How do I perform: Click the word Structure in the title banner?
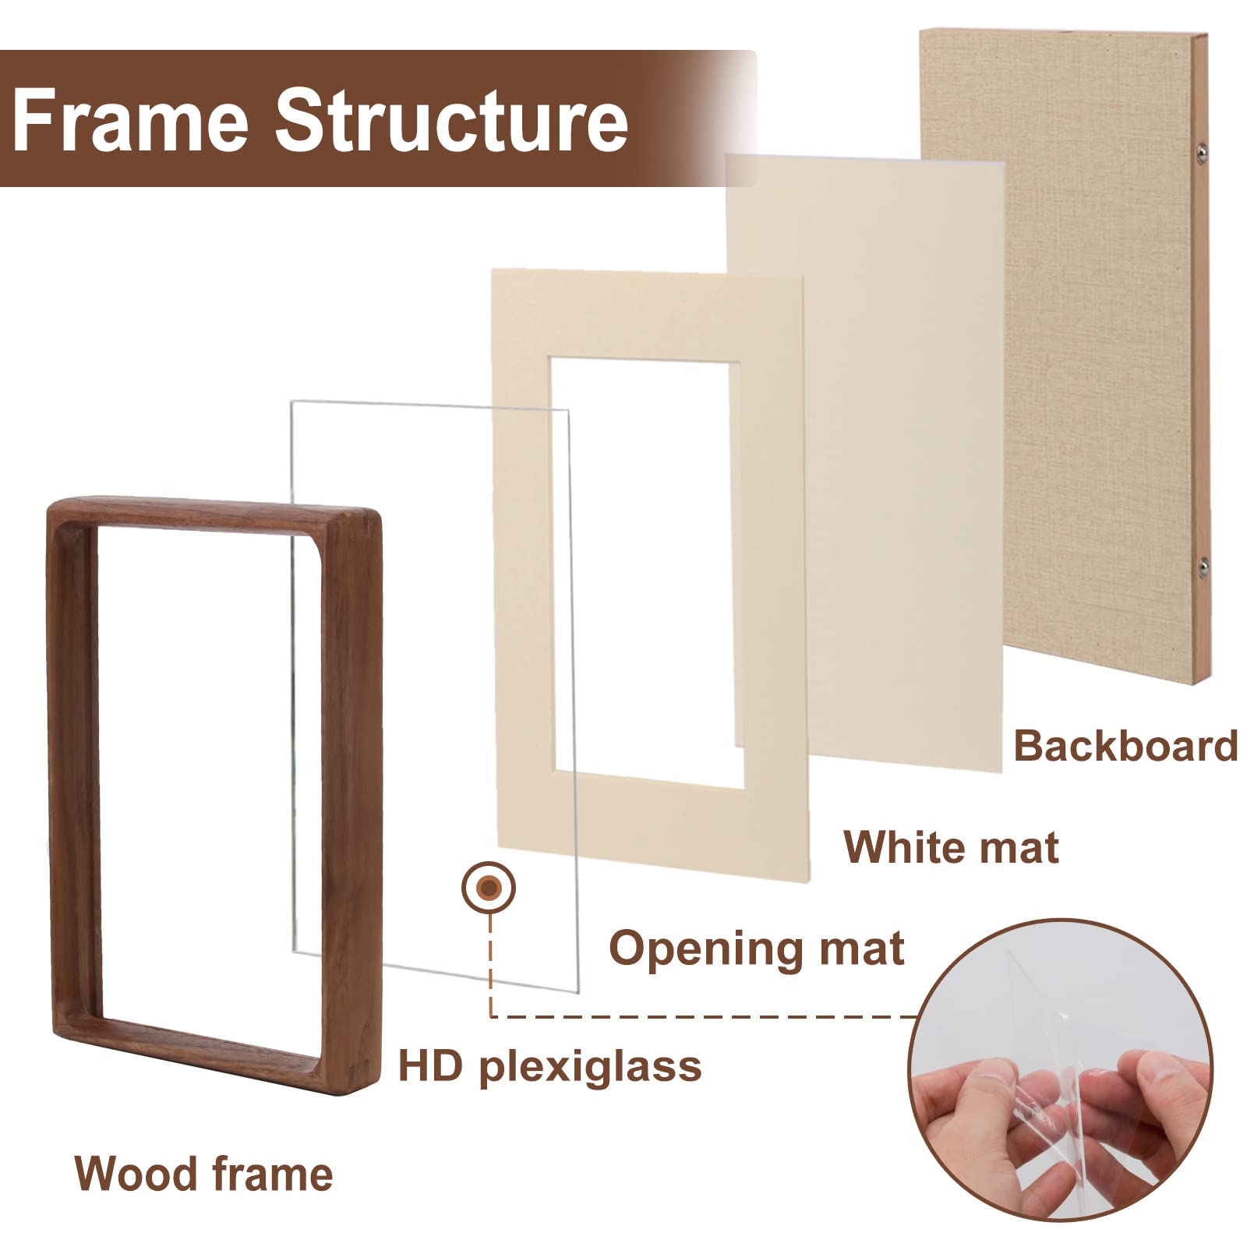click(451, 121)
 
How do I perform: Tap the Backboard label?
click(1125, 746)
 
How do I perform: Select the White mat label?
click(951, 847)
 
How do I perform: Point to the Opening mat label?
click(756, 948)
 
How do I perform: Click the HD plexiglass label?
click(549, 1065)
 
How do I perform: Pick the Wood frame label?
click(203, 1174)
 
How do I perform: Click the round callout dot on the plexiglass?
click(489, 888)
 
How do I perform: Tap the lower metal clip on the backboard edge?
click(1203, 567)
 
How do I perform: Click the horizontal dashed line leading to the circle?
click(701, 1016)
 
